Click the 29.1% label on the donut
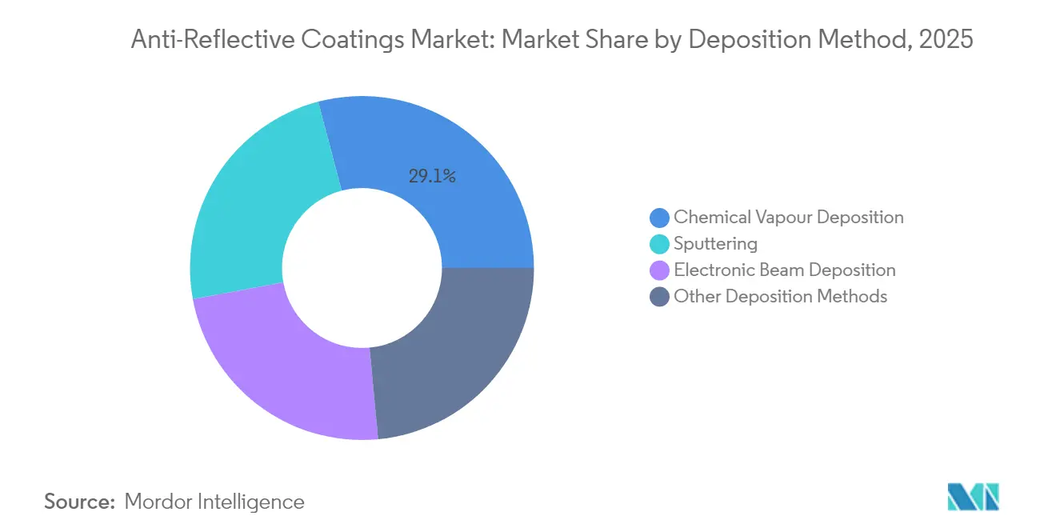pos(432,177)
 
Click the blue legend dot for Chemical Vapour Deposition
pos(660,218)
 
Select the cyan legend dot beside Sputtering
pos(660,244)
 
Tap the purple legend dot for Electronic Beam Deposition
pos(660,270)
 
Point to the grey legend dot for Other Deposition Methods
pos(660,297)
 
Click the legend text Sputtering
pos(715,243)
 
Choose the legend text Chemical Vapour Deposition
pos(788,217)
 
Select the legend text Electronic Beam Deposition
pos(784,270)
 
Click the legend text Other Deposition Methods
pos(780,296)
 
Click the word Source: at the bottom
pos(80,502)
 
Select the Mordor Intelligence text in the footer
pos(214,502)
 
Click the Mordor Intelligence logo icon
pos(973,497)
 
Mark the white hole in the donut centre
pos(362,268)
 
